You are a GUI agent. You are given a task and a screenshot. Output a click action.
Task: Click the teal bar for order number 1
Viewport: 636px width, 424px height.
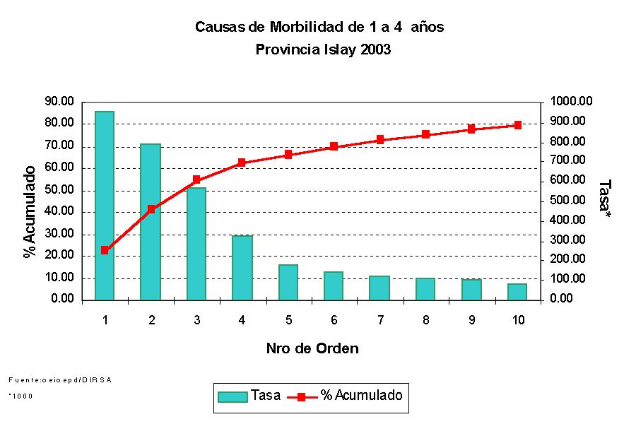105,205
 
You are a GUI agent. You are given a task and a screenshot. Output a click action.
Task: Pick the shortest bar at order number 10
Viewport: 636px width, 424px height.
518,292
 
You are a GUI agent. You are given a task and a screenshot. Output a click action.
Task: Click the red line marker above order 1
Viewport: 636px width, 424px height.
105,250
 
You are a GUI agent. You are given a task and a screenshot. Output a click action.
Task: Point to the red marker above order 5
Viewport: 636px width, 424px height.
288,155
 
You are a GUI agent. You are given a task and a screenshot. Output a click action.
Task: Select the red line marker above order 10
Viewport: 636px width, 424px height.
518,125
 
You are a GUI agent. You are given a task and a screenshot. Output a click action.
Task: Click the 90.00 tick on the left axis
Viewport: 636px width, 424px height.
59,102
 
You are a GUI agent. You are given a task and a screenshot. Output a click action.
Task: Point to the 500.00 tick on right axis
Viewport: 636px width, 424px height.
567,201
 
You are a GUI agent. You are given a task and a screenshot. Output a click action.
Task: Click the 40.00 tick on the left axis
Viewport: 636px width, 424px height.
59,212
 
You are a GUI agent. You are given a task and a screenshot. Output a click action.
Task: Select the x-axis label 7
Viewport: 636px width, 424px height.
380,320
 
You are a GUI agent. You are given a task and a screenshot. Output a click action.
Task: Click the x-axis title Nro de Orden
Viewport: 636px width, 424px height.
312,348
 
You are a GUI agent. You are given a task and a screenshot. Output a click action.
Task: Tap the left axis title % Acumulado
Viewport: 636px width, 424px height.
30,212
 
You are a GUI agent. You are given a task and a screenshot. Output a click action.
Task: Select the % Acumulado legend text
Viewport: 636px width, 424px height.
361,396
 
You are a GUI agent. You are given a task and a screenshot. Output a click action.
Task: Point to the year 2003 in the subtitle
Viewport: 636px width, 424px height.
375,49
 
